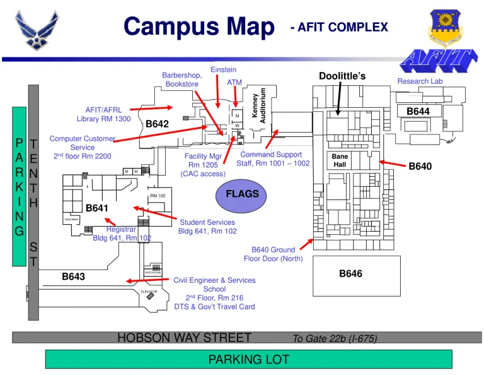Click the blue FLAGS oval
coord(242,194)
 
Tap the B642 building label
coord(157,124)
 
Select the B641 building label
coord(97,207)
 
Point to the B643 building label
coord(73,276)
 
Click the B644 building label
coord(418,111)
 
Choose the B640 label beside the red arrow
coord(420,167)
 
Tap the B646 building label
coord(351,273)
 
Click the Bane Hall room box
coord(340,161)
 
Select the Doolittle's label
coord(342,76)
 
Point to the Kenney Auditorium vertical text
coord(259,105)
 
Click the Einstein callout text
coord(223,69)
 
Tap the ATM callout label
coord(234,83)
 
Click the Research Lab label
coord(420,81)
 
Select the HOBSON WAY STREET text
coord(184,338)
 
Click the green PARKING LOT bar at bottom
coord(248,359)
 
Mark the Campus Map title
coord(199,27)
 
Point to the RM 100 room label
coord(158,196)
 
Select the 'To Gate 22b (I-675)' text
coord(335,338)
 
